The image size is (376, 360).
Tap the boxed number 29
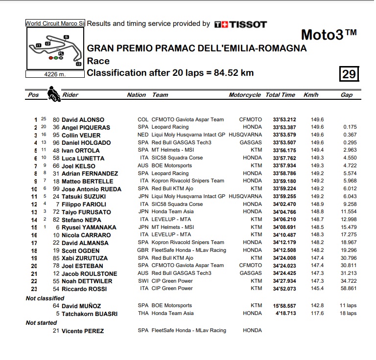click(349, 74)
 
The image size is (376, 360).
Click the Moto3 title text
click(328, 35)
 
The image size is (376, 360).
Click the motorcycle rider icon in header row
click(53, 93)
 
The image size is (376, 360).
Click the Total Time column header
click(280, 95)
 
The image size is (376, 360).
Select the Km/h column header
click(311, 95)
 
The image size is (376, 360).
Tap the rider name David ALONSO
click(83, 120)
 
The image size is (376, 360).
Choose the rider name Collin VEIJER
click(81, 135)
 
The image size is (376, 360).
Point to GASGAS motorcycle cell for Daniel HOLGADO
click(251, 143)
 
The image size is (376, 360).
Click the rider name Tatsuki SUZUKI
click(84, 197)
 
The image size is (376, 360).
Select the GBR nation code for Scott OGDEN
click(143, 250)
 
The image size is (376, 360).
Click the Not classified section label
click(45, 298)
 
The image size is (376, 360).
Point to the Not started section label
click(42, 323)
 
